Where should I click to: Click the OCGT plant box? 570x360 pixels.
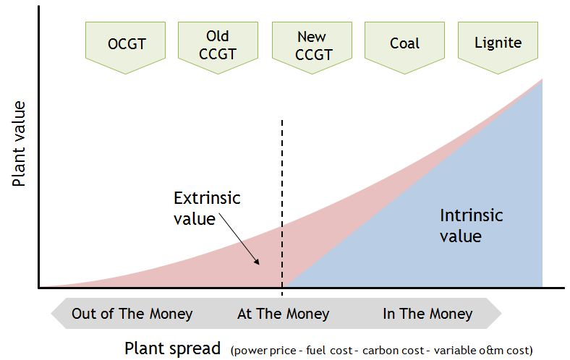(x=127, y=44)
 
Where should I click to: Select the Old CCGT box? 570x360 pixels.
(x=218, y=44)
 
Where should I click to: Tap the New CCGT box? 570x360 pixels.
(x=311, y=44)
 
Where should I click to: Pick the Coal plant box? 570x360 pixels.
(x=404, y=44)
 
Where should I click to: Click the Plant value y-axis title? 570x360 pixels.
(x=20, y=145)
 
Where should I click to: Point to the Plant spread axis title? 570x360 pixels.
(x=172, y=348)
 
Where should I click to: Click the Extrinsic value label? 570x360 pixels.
(x=206, y=208)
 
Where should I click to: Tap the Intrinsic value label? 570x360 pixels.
(x=471, y=226)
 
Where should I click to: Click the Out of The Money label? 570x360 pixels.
(x=132, y=314)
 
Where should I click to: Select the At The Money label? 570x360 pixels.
(x=283, y=314)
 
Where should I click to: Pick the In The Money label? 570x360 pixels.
(x=427, y=314)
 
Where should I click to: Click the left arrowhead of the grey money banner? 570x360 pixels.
(x=57, y=314)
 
